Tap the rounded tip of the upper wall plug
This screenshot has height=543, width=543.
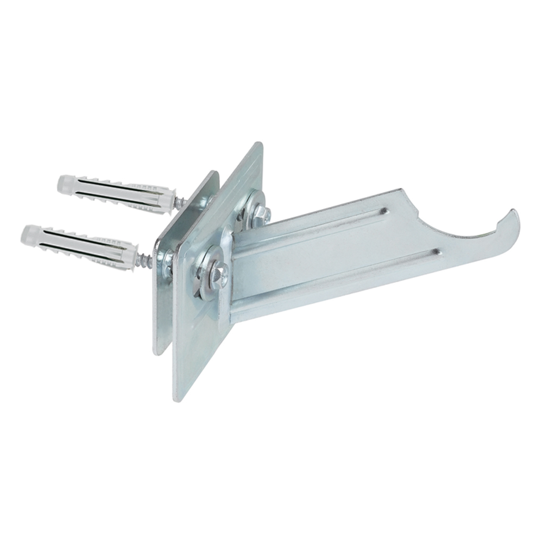click(x=61, y=183)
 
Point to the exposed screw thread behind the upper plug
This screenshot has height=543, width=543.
click(x=181, y=203)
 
